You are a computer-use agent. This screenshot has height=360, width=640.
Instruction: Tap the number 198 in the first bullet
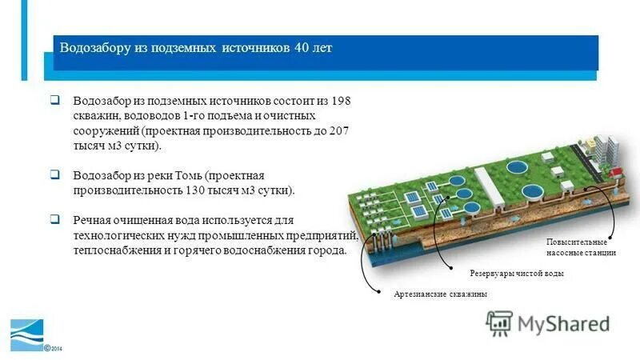click(x=340, y=102)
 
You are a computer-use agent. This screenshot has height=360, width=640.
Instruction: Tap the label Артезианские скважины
click(x=441, y=294)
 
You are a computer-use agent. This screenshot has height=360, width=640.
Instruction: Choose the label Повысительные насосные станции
click(x=581, y=247)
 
